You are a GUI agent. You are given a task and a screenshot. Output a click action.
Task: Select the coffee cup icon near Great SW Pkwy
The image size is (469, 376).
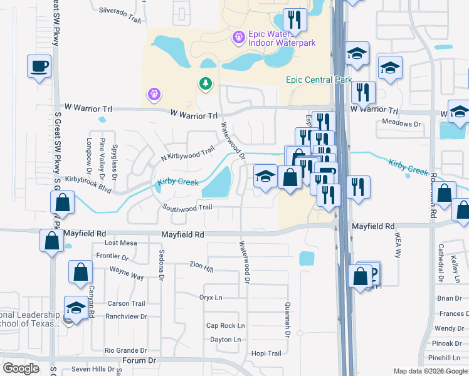pyautogui.click(x=39, y=66)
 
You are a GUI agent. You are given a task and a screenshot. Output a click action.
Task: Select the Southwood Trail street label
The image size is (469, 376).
pyautogui.click(x=187, y=207)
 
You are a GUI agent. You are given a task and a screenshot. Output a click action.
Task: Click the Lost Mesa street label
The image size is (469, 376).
pyautogui.click(x=120, y=243)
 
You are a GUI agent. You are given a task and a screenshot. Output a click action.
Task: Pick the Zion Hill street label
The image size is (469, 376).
pyautogui.click(x=201, y=267)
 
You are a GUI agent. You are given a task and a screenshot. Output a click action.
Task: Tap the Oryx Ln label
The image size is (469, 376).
pyautogui.click(x=211, y=297)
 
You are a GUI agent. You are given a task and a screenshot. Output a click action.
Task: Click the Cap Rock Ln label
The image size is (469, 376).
pyautogui.click(x=225, y=326)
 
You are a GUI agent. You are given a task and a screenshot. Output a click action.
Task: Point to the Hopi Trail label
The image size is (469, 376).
pyautogui.click(x=266, y=353)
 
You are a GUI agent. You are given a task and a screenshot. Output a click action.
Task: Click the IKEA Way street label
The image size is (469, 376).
pyautogui.click(x=397, y=245)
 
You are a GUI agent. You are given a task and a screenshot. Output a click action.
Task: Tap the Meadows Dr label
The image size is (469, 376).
pyautogui.click(x=401, y=123)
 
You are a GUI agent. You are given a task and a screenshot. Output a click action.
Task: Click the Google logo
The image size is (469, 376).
pyautogui.click(x=21, y=368)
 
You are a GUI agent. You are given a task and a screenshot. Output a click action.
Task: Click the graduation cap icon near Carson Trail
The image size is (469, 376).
pyautogui.click(x=76, y=307)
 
